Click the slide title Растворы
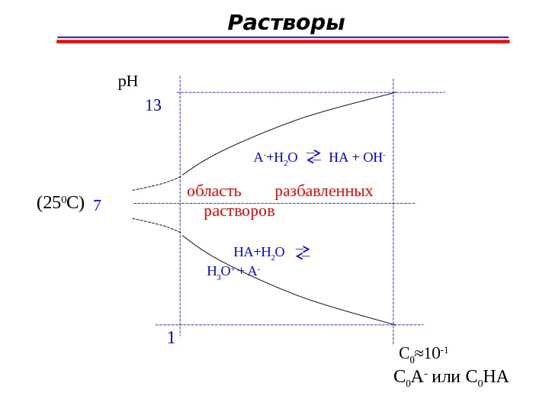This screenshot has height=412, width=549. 286,24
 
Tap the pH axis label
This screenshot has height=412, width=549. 127,79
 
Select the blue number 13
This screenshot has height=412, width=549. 153,106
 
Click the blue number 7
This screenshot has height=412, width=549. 98,206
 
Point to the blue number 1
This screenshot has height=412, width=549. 171,336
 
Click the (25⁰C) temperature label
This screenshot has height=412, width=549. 60,203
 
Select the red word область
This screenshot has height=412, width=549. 214,191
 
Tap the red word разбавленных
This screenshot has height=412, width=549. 324,191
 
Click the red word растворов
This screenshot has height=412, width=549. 239,211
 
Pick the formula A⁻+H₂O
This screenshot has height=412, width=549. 275,159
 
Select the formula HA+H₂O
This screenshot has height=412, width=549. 258,252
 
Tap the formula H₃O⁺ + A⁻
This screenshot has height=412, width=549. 233,270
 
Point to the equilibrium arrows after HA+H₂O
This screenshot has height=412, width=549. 302,253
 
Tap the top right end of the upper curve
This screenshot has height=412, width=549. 393,92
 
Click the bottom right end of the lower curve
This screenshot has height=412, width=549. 393,324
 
